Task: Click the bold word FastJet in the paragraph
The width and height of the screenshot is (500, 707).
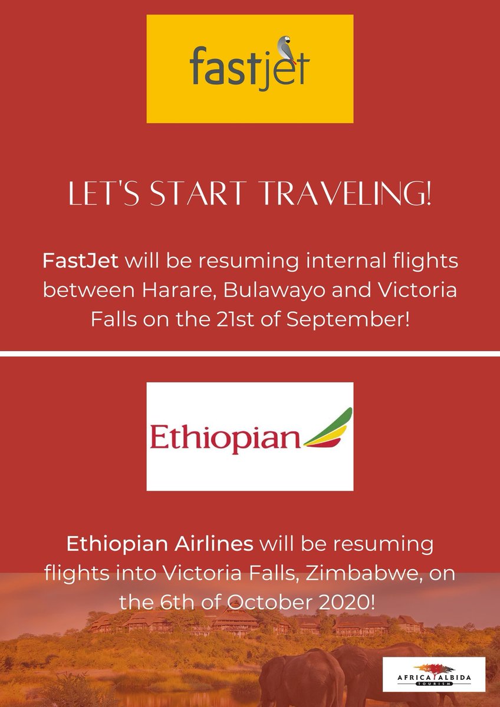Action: click(x=81, y=260)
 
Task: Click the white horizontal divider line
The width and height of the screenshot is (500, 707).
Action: click(x=250, y=353)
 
